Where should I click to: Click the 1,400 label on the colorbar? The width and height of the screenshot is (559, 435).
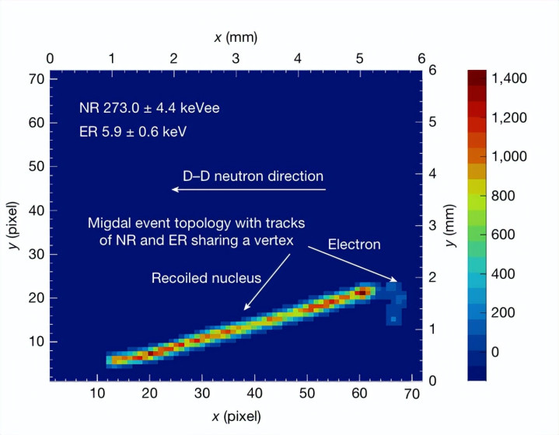point(526,78)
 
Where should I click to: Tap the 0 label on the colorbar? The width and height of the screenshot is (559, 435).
point(512,352)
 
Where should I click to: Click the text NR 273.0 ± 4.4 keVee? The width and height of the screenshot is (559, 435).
point(149,108)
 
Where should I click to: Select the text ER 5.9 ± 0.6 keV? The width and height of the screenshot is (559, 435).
point(132,131)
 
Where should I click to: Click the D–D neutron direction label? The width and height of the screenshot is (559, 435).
point(253,176)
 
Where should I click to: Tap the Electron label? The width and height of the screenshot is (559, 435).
point(354,245)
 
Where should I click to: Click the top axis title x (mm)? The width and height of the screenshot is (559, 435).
point(235,37)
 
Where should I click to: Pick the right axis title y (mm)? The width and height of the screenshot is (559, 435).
point(451,225)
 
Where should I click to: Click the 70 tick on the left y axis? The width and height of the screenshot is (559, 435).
point(33,79)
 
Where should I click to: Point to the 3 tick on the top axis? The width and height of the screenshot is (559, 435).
point(236,58)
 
